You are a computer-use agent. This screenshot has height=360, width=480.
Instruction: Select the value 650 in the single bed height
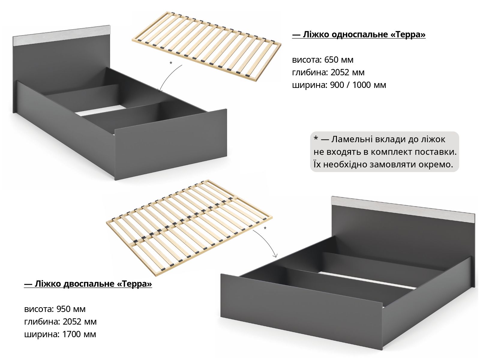(331, 60)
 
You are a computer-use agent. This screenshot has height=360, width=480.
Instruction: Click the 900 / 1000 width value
(350, 85)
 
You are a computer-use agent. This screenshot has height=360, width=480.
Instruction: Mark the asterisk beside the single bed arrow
(171, 63)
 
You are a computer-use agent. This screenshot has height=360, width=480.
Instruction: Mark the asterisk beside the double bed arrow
(265, 228)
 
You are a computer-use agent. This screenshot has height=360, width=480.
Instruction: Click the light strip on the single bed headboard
(62, 36)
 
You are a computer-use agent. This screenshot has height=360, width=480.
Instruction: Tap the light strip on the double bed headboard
(403, 210)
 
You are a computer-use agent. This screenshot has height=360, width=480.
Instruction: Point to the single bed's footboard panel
(171, 144)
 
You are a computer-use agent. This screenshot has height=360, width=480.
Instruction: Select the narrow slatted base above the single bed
(206, 46)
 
